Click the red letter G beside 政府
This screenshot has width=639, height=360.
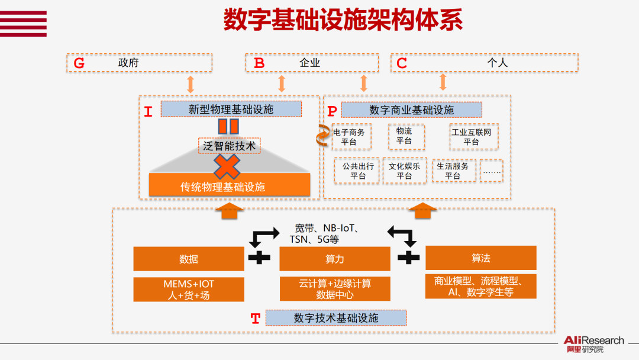(x=79, y=63)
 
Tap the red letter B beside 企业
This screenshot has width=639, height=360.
(x=259, y=63)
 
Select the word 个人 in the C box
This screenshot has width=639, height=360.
(x=497, y=62)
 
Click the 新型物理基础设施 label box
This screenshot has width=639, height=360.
(x=231, y=109)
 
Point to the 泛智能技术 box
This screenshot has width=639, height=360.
(x=228, y=145)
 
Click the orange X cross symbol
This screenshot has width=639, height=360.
(x=227, y=166)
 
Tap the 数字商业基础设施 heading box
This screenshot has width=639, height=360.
(x=411, y=110)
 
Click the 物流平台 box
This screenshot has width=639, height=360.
(x=406, y=136)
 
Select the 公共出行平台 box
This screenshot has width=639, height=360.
(x=357, y=171)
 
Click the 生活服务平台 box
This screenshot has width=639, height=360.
(x=453, y=171)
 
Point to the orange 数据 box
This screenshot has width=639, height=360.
(x=189, y=259)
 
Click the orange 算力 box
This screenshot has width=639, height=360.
(x=334, y=259)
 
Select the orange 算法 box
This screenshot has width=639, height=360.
(x=480, y=258)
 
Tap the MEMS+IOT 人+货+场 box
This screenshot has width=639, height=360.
(x=189, y=289)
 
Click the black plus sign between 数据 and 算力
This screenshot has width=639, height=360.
(x=259, y=258)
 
